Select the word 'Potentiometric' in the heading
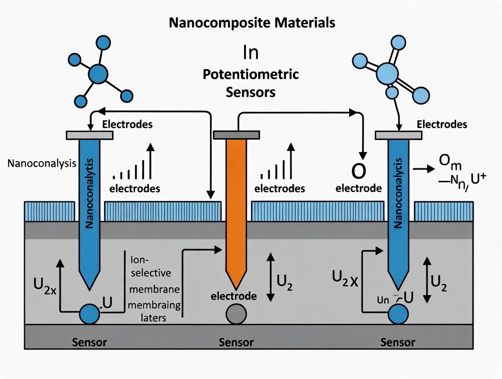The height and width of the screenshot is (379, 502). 251,74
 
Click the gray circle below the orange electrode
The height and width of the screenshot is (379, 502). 236,313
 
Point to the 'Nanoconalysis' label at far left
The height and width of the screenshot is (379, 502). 42,164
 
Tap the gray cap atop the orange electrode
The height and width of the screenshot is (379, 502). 236,134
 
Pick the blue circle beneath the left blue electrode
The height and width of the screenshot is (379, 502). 90,313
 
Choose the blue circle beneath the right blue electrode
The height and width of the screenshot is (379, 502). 398,313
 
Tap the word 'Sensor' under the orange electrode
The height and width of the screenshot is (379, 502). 236,342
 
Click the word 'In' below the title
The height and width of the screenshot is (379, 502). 251,52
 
